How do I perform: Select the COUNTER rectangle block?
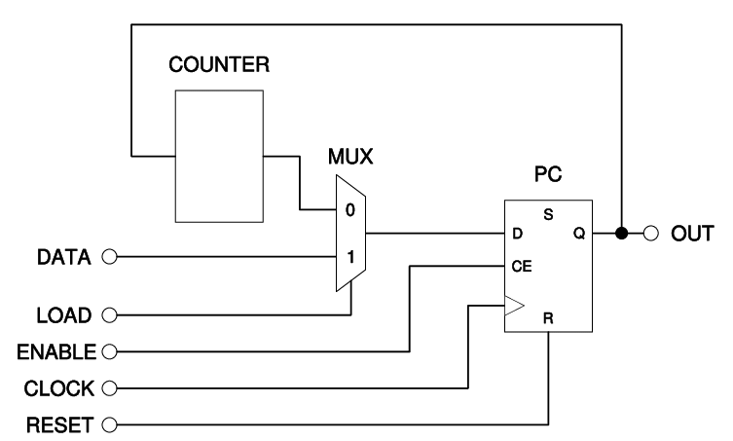point(218,156)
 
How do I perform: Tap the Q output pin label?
point(580,234)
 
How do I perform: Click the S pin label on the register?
point(548,213)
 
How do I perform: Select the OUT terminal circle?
point(651,234)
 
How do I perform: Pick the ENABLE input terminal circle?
point(109,349)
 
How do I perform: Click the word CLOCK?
point(60,387)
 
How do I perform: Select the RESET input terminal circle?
point(109,424)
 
